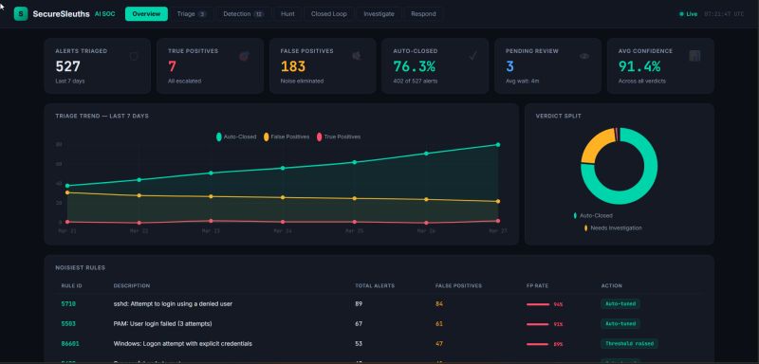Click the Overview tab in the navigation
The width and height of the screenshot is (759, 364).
(x=146, y=14)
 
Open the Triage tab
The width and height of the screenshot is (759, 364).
(x=191, y=14)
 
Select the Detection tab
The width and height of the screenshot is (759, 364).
(x=243, y=14)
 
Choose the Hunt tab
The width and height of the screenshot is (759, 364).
(x=287, y=14)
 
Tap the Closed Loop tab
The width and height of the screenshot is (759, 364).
(x=328, y=14)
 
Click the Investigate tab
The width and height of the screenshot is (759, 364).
(x=378, y=14)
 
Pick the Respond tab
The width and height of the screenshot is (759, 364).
(x=423, y=14)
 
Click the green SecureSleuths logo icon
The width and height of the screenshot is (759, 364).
(x=21, y=14)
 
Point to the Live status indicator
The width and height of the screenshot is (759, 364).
(x=688, y=14)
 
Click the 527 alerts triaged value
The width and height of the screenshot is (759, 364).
(x=68, y=66)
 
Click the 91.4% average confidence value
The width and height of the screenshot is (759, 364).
(x=639, y=66)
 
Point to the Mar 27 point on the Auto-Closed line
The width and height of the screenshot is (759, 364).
(x=497, y=145)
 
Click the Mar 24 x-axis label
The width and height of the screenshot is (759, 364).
(x=282, y=230)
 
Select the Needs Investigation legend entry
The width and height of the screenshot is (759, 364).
(x=616, y=227)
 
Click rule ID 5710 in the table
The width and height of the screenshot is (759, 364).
(x=68, y=303)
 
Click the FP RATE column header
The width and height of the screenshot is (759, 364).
(x=537, y=284)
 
